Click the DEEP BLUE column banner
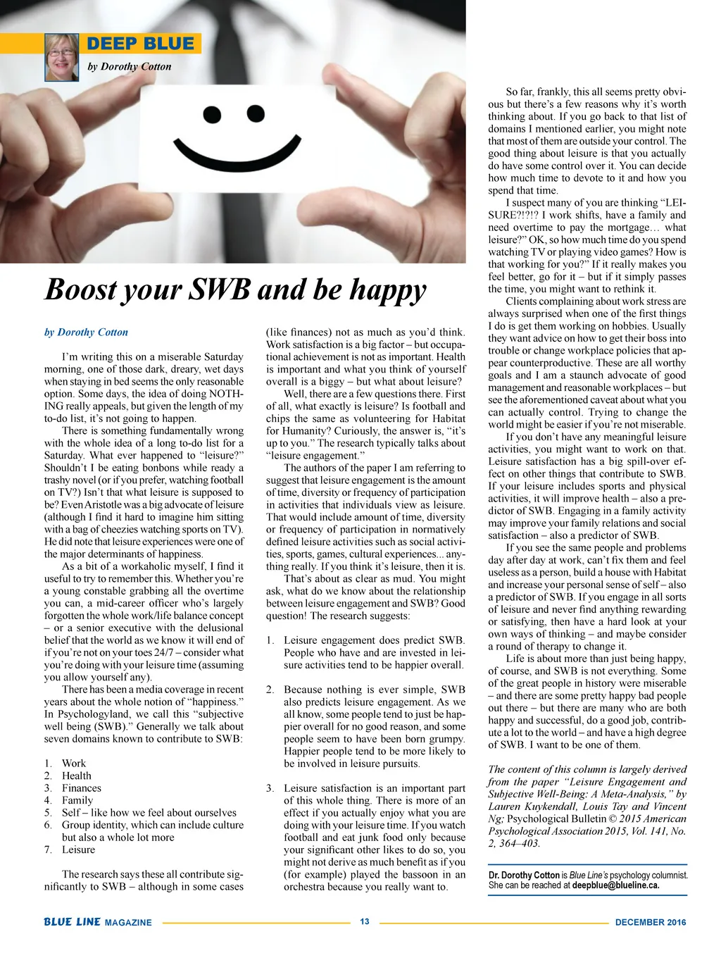[x=140, y=44]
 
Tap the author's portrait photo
[x=62, y=57]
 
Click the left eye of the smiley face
[x=213, y=115]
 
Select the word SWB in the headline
[x=221, y=289]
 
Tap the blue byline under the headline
[x=86, y=332]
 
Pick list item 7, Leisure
[x=78, y=849]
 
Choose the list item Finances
[x=81, y=788]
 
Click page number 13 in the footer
[x=365, y=921]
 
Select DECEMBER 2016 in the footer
[x=650, y=922]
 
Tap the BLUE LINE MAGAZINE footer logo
[x=97, y=922]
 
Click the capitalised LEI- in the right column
[x=675, y=203]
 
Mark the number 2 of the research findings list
[x=270, y=690]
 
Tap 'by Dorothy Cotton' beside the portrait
[x=129, y=67]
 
